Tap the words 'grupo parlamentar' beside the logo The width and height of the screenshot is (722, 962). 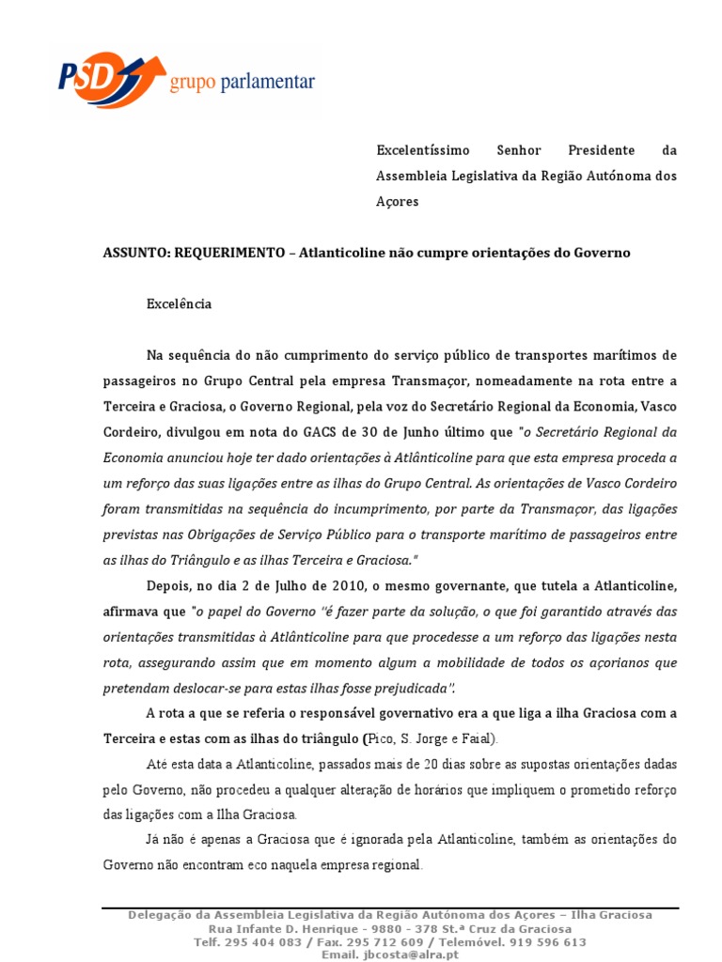[242, 85]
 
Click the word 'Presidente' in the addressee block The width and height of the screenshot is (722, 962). [602, 150]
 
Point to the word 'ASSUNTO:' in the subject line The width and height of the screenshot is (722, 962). [134, 254]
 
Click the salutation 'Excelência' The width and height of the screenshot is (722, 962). [180, 304]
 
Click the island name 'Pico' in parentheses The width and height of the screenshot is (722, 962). [383, 737]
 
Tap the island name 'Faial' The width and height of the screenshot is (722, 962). [468, 737]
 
